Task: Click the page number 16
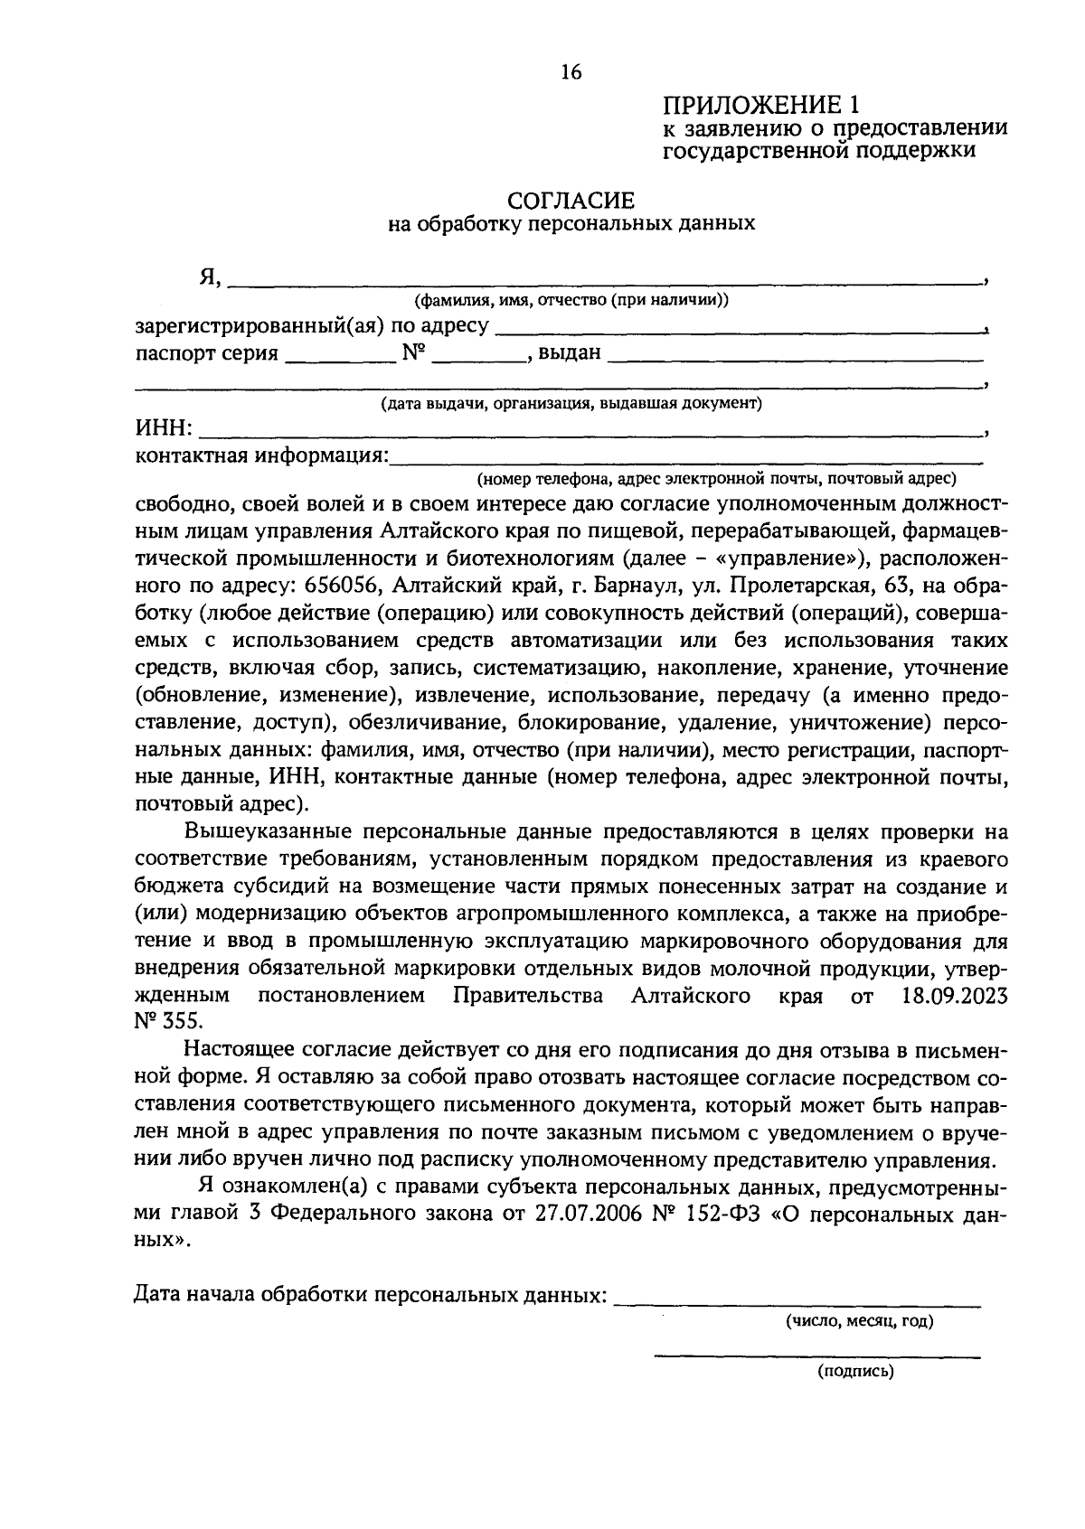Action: click(x=571, y=72)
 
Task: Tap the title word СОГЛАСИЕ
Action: click(x=571, y=200)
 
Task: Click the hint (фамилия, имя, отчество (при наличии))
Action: click(x=571, y=300)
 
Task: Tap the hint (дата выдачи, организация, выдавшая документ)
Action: click(x=571, y=403)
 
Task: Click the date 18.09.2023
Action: click(x=954, y=997)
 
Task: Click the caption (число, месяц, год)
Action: click(x=858, y=1321)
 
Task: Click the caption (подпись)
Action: click(x=855, y=1372)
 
